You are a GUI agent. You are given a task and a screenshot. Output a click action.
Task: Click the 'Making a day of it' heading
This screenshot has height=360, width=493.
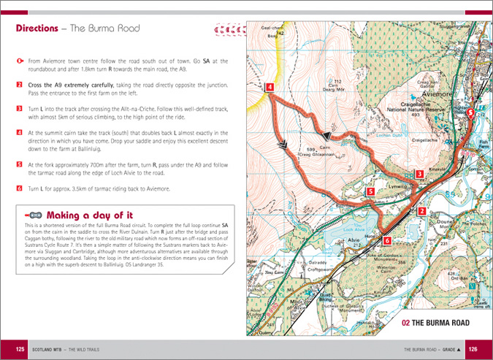coord(89,215)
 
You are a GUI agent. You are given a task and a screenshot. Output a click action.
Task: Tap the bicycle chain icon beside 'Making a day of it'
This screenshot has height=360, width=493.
coord(33,215)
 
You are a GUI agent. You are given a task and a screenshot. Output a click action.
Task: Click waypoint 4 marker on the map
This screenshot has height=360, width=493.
coord(270,88)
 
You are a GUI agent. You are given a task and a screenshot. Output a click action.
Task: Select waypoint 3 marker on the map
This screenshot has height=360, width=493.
coord(419,174)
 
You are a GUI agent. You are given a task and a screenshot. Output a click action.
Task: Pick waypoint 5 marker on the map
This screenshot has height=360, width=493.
coord(370,192)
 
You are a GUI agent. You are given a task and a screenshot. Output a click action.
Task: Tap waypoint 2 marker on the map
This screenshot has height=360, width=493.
coord(421,212)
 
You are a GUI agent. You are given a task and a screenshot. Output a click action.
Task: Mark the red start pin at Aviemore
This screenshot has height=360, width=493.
coord(470,113)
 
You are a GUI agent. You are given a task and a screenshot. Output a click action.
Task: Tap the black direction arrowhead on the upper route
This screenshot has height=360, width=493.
coord(328,135)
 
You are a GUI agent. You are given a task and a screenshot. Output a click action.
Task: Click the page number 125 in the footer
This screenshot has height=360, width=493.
coord(20,350)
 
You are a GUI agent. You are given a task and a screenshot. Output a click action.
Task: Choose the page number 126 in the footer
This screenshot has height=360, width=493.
coord(472,350)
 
